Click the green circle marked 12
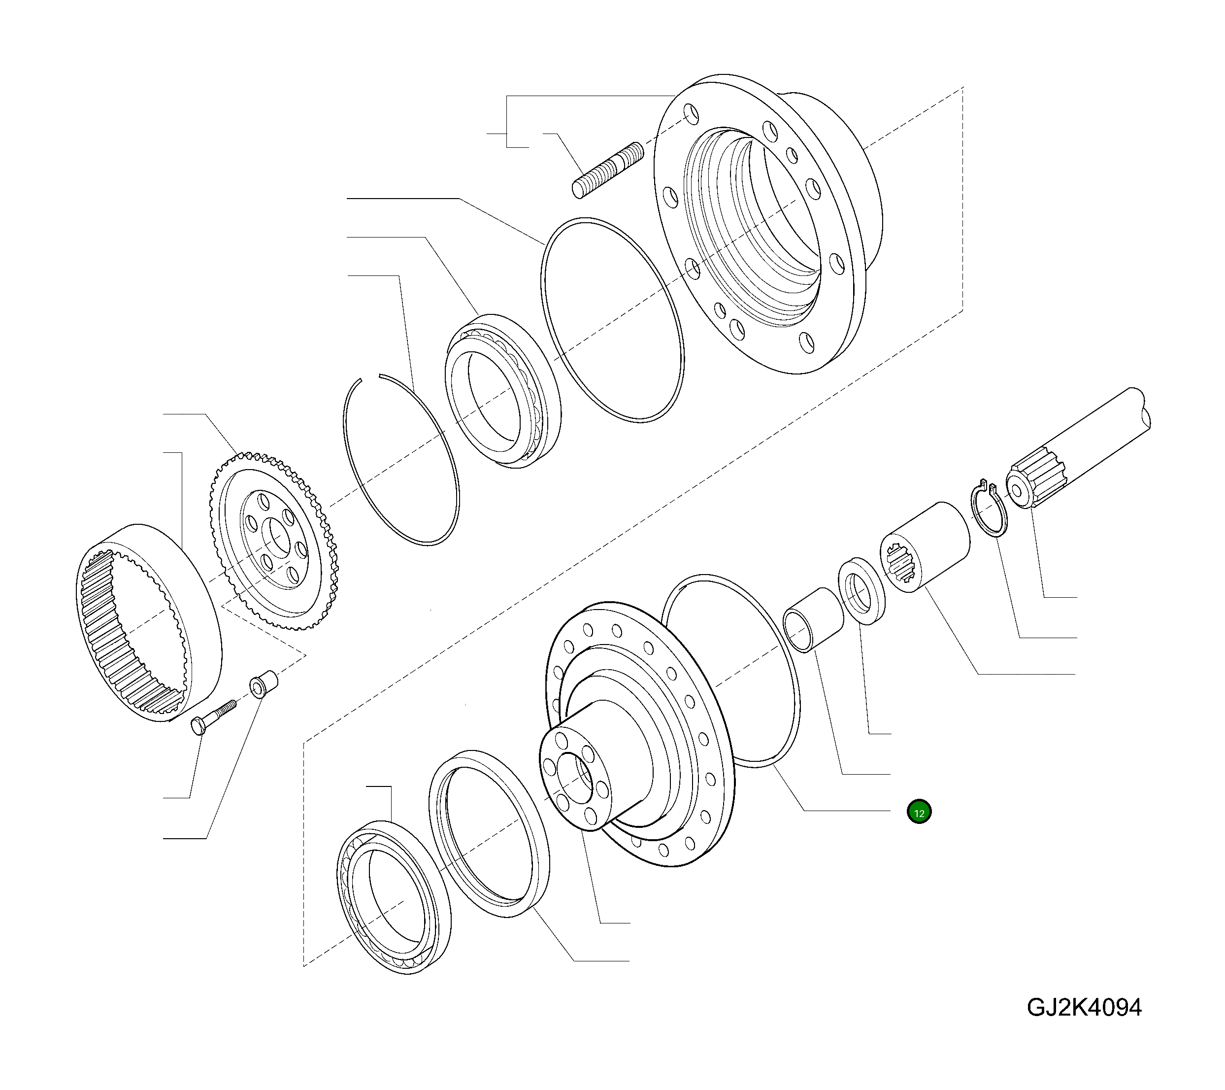[x=919, y=813]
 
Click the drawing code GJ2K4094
[x=1084, y=1007]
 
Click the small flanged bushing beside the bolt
[x=263, y=684]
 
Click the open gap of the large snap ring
[x=370, y=377]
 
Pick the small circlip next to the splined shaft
[x=989, y=510]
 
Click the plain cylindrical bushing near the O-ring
[x=813, y=620]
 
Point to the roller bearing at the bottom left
[x=393, y=896]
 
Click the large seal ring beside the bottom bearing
[x=489, y=833]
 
